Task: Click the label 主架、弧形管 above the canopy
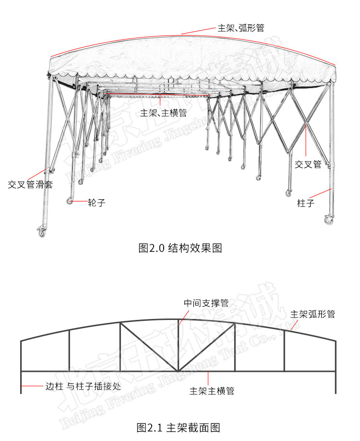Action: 241,27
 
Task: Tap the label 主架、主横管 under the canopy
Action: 163,113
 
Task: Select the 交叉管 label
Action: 308,164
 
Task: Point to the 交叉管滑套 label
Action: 30,184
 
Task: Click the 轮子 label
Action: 96,203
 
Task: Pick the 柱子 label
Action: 305,203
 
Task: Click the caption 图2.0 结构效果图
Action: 180,248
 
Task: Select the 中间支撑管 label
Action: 206,303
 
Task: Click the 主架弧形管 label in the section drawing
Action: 312,314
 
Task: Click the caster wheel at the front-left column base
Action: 42,232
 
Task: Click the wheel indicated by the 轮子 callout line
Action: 70,201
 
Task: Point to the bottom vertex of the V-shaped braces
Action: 179,370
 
